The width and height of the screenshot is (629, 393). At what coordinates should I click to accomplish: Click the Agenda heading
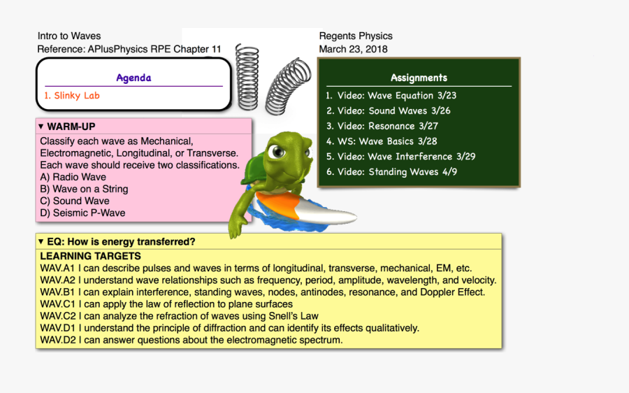point(133,78)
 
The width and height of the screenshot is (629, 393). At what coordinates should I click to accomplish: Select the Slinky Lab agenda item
point(72,96)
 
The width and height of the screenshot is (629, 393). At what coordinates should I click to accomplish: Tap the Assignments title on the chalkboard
point(419,78)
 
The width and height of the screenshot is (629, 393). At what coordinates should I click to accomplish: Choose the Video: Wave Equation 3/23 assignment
point(396,96)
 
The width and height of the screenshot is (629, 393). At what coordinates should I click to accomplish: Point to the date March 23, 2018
point(353,49)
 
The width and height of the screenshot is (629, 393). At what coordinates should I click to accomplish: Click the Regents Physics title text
point(356,36)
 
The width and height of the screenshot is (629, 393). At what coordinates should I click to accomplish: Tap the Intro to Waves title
point(69,36)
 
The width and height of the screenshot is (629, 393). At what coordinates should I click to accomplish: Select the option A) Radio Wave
point(73,177)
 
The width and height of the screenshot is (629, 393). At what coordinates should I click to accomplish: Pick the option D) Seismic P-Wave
point(82,213)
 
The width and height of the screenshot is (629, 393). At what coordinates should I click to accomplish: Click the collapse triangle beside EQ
point(41,242)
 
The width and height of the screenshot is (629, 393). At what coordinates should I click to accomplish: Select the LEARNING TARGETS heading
point(90,256)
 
